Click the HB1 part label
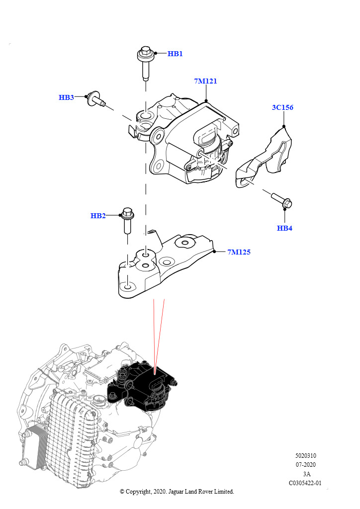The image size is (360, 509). pyautogui.click(x=175, y=54)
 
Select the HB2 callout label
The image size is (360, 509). pyautogui.click(x=98, y=216)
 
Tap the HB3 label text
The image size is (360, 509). pyautogui.click(x=66, y=97)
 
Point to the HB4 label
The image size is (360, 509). pyautogui.click(x=285, y=229)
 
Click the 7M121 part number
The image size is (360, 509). pyautogui.click(x=205, y=81)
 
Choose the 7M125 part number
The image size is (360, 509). pyautogui.click(x=239, y=252)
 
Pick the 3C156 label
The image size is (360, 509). pyautogui.click(x=282, y=107)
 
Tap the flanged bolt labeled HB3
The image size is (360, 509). pyautogui.click(x=95, y=100)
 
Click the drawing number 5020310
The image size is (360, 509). pyautogui.click(x=305, y=456)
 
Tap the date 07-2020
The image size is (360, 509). pyautogui.click(x=306, y=465)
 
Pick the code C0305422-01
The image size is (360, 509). pyautogui.click(x=305, y=483)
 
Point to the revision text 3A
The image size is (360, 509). pyautogui.click(x=306, y=474)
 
